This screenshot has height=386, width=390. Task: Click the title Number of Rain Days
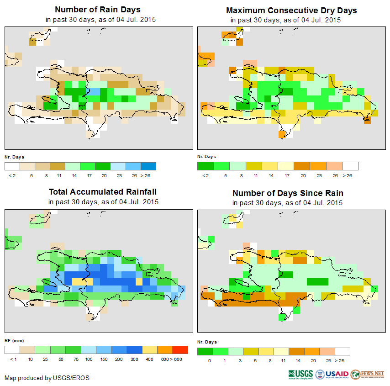97,10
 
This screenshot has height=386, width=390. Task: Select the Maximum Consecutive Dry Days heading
291,10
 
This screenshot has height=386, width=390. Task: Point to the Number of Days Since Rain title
288,193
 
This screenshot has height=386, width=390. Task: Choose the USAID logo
333,374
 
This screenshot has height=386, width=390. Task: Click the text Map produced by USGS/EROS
47,378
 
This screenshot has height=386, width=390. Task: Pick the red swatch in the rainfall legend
180,350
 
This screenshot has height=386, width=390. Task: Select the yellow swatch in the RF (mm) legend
149,350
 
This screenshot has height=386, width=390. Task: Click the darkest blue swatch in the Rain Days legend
148,166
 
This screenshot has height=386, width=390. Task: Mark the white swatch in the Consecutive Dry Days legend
350,166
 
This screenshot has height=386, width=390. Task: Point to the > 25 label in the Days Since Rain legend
343,360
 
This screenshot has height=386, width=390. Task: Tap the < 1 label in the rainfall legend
12,360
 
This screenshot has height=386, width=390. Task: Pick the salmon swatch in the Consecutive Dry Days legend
335,166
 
